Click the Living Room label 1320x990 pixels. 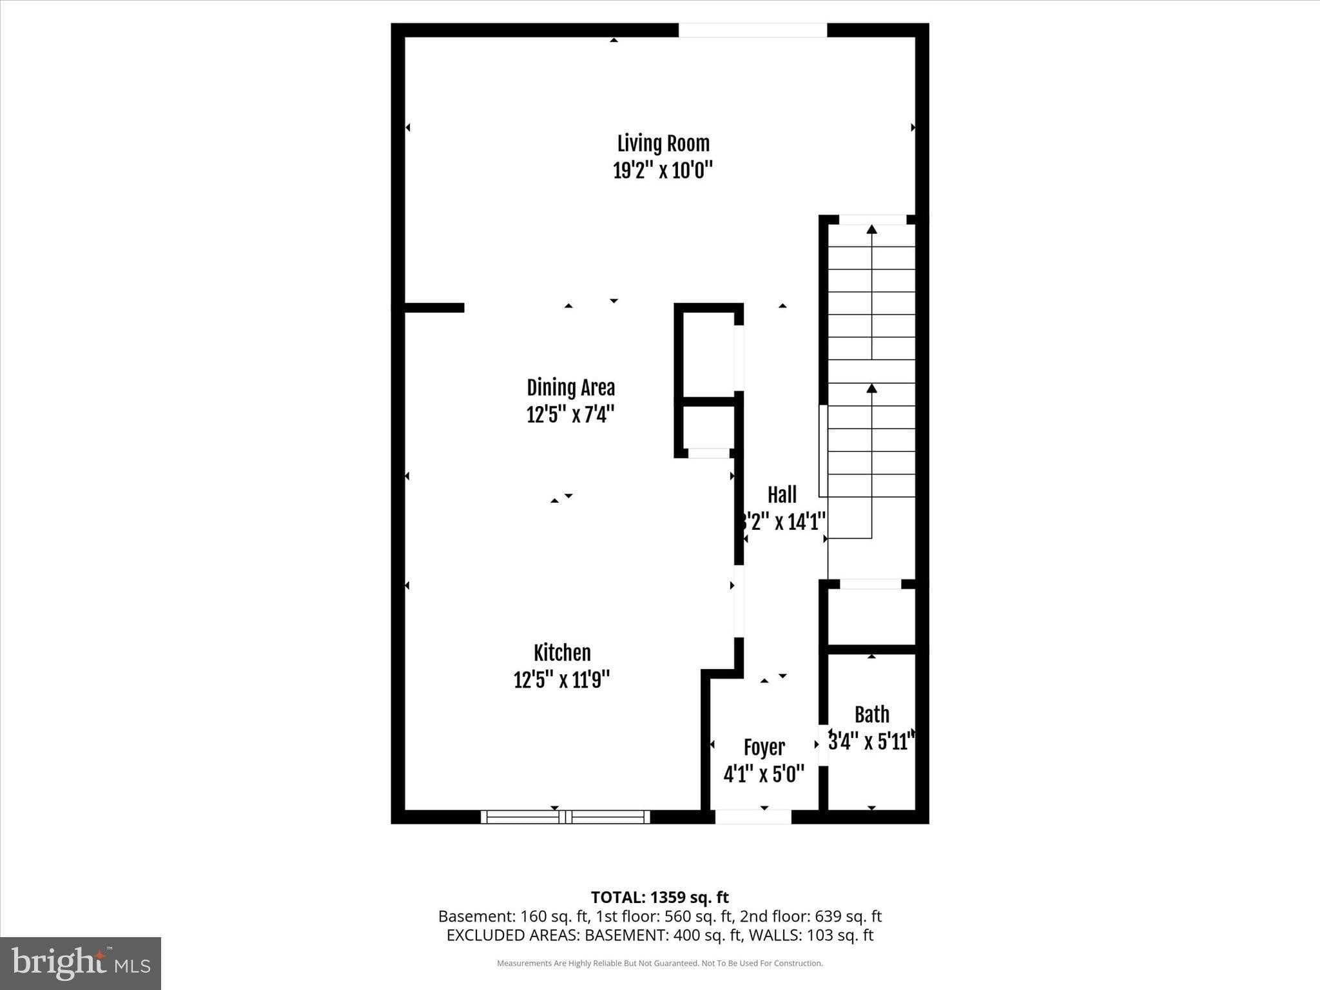tap(663, 143)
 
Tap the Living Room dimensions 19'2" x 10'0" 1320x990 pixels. tap(663, 171)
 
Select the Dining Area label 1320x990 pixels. tap(570, 387)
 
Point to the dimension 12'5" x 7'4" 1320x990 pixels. tap(570, 414)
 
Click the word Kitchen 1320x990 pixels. tap(562, 653)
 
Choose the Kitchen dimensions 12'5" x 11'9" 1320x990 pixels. tap(561, 680)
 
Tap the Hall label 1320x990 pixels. tap(782, 495)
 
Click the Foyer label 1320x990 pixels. tap(764, 748)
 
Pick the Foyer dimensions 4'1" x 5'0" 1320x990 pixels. tap(764, 774)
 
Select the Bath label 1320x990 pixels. tap(871, 714)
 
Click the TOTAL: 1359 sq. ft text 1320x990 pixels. tap(659, 897)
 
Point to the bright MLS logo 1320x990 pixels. tap(81, 963)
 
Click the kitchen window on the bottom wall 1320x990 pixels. tap(565, 817)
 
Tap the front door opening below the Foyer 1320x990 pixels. tap(753, 817)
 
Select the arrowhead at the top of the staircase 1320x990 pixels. tap(871, 229)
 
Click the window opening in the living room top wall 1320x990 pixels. tap(752, 30)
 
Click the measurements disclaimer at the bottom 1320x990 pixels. tap(659, 964)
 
